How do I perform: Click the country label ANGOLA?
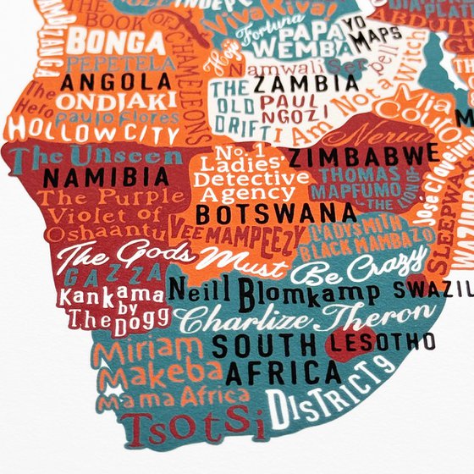coord(118,83)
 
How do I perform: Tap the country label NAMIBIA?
coord(107,177)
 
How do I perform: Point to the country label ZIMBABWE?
coord(364,155)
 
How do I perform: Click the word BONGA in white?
coord(107,39)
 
